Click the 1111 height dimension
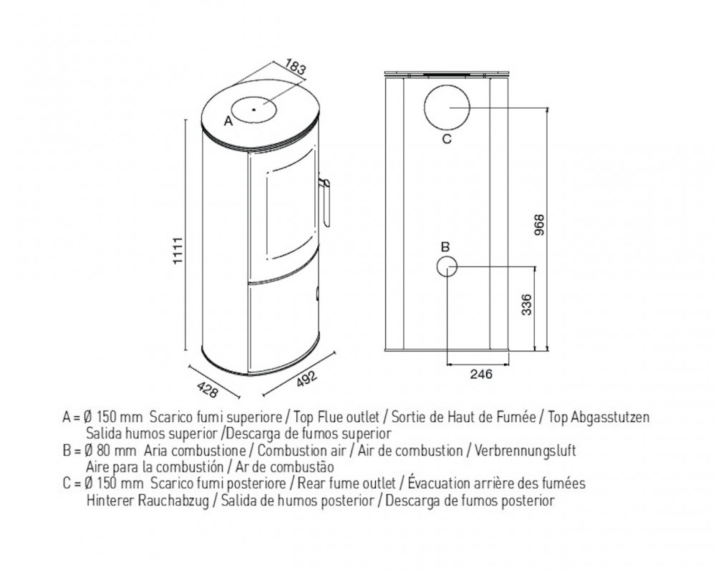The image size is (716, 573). [x=178, y=250]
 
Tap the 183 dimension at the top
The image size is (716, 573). [x=295, y=67]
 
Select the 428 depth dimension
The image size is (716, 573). [x=208, y=389]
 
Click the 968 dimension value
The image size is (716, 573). [x=539, y=224]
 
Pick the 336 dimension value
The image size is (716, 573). [x=526, y=305]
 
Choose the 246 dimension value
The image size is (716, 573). [x=481, y=374]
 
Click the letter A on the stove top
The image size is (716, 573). [x=228, y=121]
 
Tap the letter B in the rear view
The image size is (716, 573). [x=445, y=247]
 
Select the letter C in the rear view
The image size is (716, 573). [x=447, y=138]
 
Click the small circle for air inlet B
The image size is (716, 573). [x=447, y=266]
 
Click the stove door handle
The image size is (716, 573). [x=326, y=201]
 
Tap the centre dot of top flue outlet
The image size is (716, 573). [x=253, y=110]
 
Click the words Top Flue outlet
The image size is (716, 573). [x=337, y=417]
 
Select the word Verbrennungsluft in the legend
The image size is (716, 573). [x=525, y=451]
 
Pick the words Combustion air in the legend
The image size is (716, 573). [x=302, y=451]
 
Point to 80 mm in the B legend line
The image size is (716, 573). [x=117, y=451]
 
